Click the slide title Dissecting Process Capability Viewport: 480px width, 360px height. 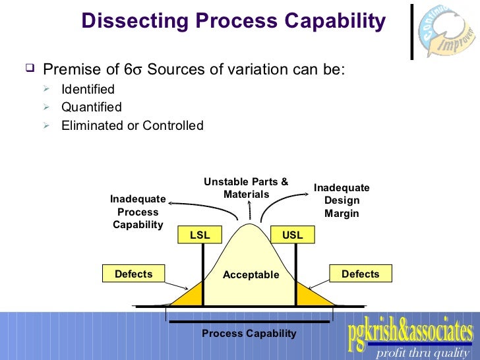233,21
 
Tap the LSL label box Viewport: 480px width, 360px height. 200,235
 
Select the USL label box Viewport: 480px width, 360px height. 292,235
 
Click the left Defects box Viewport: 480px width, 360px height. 133,274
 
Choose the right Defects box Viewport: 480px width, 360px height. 360,274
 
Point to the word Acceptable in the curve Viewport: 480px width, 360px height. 251,275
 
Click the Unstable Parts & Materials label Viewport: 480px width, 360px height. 246,188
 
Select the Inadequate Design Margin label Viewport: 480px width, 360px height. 341,200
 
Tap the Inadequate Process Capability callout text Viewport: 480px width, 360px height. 138,212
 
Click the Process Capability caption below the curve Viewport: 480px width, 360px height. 249,334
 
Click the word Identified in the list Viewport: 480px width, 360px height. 88,89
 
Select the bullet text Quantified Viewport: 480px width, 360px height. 91,107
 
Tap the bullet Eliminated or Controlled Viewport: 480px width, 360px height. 132,125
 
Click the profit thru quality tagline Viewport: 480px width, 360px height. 422,353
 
